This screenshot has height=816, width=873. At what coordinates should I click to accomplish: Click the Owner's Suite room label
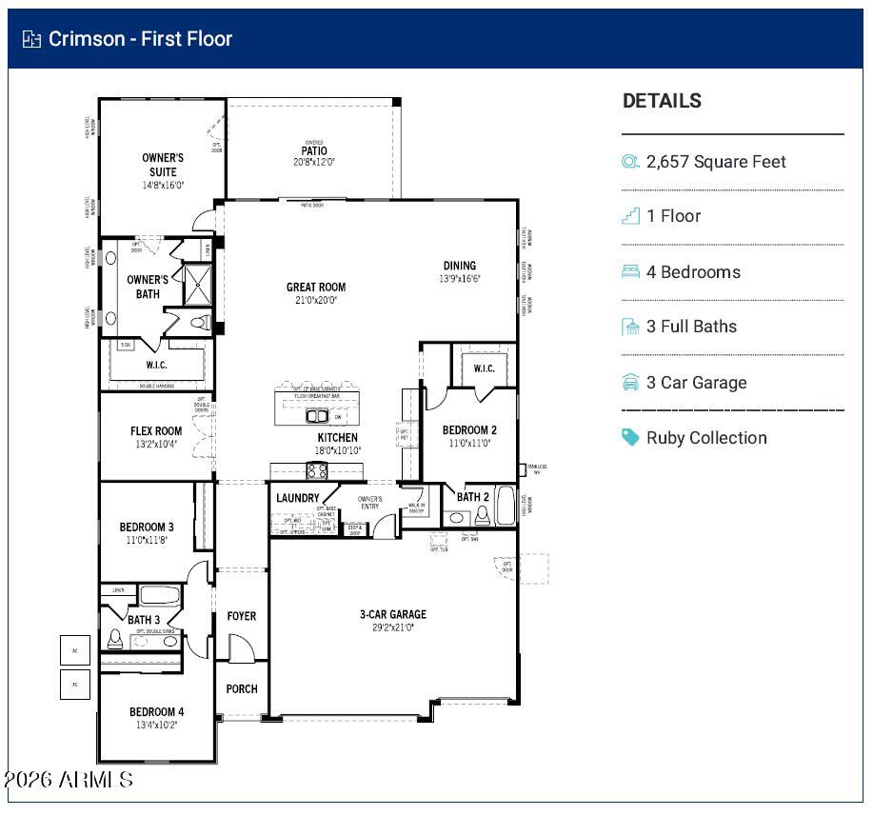click(x=163, y=165)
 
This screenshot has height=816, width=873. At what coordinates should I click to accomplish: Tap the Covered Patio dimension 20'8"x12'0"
click(x=313, y=163)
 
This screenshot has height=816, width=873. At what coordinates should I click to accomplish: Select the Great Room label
click(x=316, y=287)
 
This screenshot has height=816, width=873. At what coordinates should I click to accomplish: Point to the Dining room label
click(x=460, y=266)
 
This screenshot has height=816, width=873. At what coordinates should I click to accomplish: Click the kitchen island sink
click(x=317, y=416)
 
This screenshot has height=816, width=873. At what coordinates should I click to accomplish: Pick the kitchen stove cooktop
click(x=317, y=470)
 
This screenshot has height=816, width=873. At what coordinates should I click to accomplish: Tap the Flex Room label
click(x=156, y=431)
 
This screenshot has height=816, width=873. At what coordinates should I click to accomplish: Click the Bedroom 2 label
click(x=469, y=429)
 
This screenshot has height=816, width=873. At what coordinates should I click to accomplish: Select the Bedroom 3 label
click(x=147, y=527)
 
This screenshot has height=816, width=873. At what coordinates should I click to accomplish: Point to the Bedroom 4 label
click(x=157, y=711)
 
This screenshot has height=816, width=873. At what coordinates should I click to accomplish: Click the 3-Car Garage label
click(x=393, y=614)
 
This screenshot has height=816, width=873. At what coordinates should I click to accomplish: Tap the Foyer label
click(x=242, y=616)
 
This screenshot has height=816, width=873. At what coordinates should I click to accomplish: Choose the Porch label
click(x=242, y=688)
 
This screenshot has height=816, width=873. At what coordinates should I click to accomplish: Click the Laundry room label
click(x=298, y=498)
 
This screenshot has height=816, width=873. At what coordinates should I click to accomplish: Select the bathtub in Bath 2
click(x=505, y=506)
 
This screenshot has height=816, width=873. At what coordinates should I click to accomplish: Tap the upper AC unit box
click(x=75, y=650)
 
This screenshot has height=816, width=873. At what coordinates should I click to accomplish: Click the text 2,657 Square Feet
click(x=716, y=162)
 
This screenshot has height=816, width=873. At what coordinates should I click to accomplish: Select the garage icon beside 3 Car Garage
click(x=630, y=382)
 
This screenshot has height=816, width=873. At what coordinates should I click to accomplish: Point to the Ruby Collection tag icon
click(x=630, y=437)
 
